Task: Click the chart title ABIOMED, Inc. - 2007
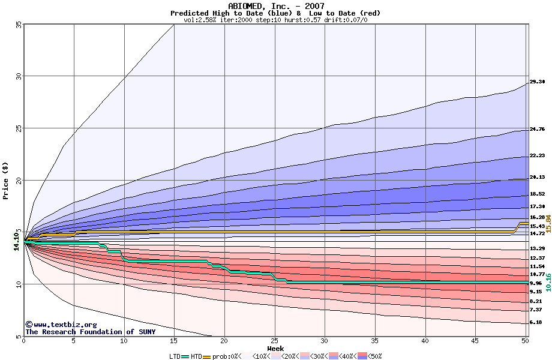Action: (276, 6)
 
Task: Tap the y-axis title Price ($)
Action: (6, 180)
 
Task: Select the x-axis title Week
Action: (275, 348)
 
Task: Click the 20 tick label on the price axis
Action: (18, 180)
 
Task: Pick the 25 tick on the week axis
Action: (274, 341)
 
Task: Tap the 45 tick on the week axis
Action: (475, 341)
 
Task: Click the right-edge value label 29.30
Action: (537, 82)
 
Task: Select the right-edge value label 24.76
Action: (537, 130)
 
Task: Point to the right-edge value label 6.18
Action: (536, 322)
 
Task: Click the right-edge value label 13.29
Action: (537, 248)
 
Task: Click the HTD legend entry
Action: (197, 356)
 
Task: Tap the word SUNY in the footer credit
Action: (146, 332)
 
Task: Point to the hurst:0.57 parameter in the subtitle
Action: (306, 20)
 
